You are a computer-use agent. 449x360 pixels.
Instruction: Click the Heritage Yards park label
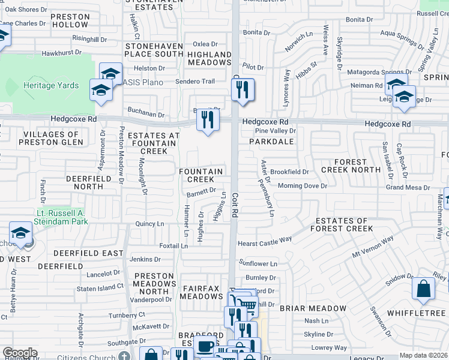tap(51, 86)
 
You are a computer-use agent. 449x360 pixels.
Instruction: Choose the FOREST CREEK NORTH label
tap(351, 166)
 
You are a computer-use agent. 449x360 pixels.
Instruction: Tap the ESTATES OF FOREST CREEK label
tap(342, 224)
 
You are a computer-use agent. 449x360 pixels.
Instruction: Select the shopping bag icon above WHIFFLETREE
tap(423, 289)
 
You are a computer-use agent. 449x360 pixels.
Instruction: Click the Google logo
tap(20, 353)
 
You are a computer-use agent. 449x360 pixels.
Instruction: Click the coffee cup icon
tap(205, 347)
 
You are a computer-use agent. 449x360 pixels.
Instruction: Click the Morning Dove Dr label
tap(302, 186)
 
